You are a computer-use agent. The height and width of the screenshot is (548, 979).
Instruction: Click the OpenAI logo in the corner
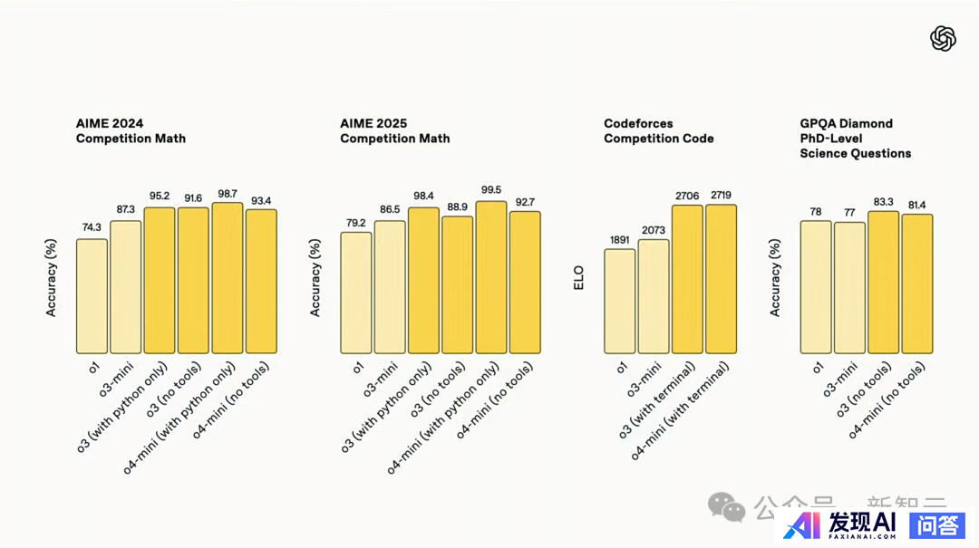943,38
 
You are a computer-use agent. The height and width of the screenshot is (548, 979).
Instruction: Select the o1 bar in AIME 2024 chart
92,296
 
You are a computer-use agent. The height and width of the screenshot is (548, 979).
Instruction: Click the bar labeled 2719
721,279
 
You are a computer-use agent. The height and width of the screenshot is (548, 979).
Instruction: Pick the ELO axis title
579,277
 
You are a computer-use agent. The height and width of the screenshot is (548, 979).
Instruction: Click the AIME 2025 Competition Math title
394,130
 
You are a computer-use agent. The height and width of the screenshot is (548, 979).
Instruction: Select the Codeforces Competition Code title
658,130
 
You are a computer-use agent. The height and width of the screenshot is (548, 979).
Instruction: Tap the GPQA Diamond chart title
855,138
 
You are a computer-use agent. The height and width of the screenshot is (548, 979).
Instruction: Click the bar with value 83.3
884,283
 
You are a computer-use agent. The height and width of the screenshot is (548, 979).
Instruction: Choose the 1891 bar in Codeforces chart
619,301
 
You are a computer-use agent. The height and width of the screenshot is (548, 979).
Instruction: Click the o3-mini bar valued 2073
654,296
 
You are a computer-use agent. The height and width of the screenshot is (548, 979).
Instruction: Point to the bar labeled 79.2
355,293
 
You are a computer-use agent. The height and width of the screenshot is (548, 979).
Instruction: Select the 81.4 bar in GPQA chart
917,284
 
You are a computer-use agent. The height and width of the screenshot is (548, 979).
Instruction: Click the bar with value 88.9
457,284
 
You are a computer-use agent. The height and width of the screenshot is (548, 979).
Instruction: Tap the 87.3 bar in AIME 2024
125,287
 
